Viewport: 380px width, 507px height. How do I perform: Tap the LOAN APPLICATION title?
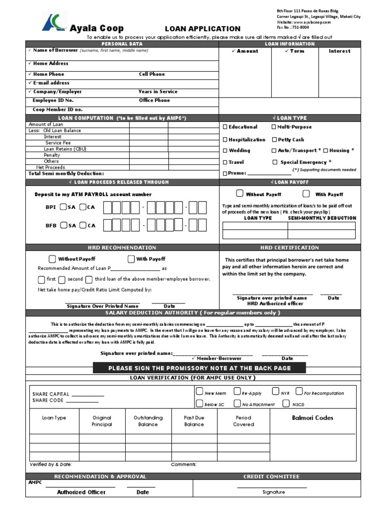(202, 29)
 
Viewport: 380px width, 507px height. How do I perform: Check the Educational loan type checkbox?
(226, 127)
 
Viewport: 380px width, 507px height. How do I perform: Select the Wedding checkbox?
(226, 151)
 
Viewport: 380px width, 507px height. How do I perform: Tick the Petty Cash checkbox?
(274, 140)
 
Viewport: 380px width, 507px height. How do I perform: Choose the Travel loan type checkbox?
(226, 162)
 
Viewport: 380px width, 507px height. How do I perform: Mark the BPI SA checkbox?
(63, 207)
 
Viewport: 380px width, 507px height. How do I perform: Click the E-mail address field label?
(51, 83)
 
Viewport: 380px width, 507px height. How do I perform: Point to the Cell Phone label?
(152, 74)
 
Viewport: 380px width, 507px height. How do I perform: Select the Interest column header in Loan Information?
(339, 51)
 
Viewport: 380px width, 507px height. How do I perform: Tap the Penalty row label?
(52, 155)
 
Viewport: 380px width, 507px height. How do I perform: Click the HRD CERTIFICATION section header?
(289, 248)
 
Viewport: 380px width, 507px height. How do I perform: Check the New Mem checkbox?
(199, 392)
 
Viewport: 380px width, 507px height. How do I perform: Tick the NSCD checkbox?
(286, 404)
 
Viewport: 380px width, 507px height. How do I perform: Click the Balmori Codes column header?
(313, 418)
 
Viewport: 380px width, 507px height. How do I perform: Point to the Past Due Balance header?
(194, 421)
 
